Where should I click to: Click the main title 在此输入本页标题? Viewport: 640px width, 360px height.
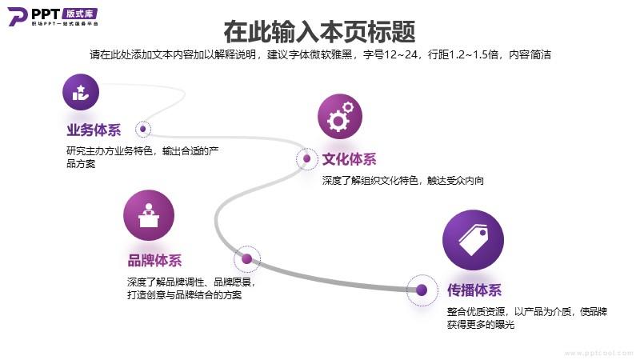[x=319, y=32]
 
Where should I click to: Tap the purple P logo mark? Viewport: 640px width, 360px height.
[x=18, y=17]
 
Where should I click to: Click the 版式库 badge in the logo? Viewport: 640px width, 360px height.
[x=80, y=14]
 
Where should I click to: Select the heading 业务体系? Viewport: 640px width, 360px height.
[x=94, y=130]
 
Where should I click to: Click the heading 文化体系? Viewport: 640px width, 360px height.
[x=350, y=159]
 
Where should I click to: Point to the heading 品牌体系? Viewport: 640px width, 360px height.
[x=154, y=261]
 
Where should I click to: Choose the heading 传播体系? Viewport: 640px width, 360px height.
[x=474, y=290]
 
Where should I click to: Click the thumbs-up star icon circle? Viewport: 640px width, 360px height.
[x=81, y=92]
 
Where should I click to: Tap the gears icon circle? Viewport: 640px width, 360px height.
[x=340, y=116]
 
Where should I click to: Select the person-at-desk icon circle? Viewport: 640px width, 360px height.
[x=149, y=215]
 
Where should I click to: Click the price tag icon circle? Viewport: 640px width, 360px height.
[x=473, y=240]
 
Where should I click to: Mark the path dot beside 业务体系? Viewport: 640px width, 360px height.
[x=143, y=129]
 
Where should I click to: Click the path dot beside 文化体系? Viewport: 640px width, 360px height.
[x=307, y=158]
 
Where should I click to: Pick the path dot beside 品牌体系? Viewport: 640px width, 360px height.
[x=247, y=258]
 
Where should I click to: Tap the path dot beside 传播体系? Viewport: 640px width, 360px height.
[x=422, y=290]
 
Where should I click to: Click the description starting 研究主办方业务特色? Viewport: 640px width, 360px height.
[x=142, y=158]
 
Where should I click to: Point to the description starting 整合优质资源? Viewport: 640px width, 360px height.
[x=527, y=318]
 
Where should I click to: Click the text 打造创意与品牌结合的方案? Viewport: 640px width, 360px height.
[x=185, y=295]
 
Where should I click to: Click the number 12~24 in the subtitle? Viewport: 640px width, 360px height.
[x=402, y=54]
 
